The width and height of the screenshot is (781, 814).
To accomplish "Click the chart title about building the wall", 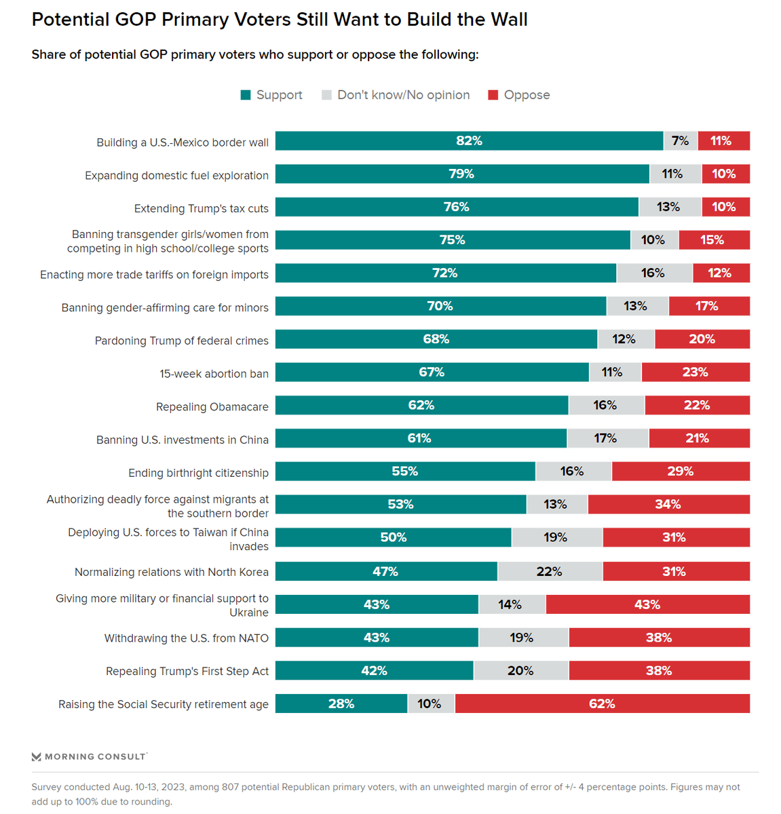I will [280, 20].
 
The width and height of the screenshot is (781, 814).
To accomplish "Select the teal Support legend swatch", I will [246, 95].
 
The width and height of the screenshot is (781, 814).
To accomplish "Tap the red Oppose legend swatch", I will [493, 95].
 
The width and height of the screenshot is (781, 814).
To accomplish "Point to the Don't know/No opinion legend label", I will [403, 95].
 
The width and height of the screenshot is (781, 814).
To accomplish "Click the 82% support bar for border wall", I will [469, 141].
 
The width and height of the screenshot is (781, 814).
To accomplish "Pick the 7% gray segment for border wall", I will [680, 141].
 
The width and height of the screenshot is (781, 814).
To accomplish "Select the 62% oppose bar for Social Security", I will [602, 703].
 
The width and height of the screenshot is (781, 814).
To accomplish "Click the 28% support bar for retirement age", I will [341, 703].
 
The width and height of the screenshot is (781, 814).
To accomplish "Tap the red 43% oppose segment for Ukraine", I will [647, 604].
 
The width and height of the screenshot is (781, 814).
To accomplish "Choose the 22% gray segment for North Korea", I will [550, 571].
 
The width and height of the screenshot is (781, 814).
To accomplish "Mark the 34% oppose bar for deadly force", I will [668, 504].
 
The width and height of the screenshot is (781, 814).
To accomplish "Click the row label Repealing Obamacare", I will [212, 407].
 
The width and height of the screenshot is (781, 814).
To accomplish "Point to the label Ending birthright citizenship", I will [198, 473].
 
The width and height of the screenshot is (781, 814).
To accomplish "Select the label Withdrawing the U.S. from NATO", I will [186, 638].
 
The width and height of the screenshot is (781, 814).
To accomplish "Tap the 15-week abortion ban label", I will [214, 374].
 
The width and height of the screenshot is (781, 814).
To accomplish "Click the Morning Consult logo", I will [89, 756].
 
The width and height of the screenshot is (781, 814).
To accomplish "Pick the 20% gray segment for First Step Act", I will [520, 671].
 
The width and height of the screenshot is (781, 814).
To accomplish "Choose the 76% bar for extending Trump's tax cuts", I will [457, 207].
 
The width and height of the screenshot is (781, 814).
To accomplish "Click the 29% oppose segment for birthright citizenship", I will [681, 471].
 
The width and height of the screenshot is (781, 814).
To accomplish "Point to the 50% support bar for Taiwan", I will [394, 537].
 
